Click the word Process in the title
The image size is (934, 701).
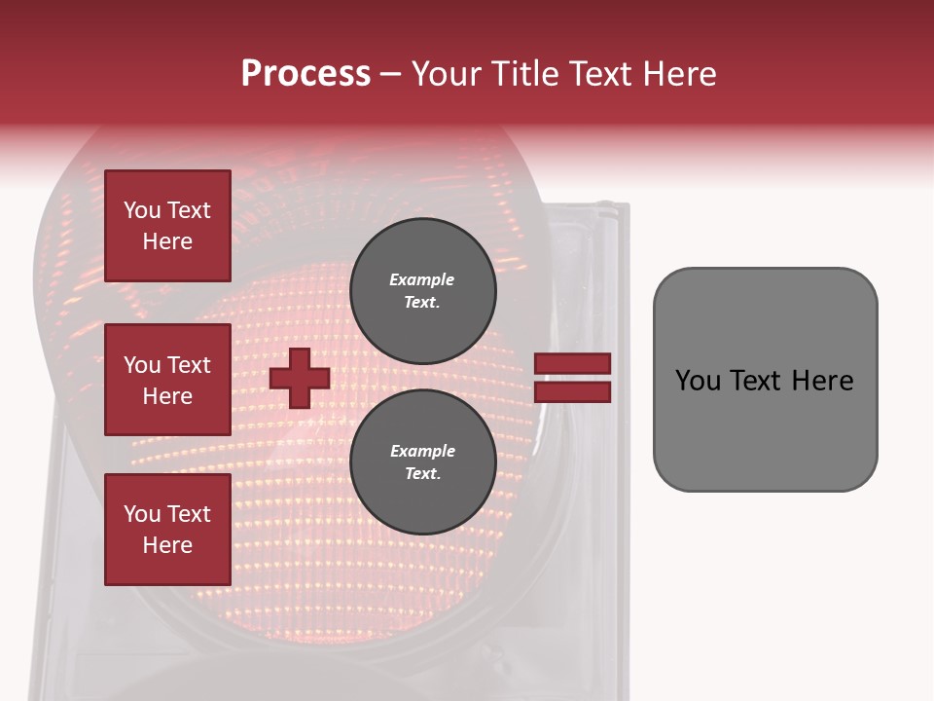(305, 73)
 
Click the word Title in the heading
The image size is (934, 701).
(526, 73)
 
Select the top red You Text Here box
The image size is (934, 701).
(167, 226)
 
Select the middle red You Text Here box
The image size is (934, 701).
(167, 380)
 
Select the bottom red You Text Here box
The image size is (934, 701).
(167, 530)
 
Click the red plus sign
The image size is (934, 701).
(300, 378)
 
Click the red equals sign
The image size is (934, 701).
(573, 378)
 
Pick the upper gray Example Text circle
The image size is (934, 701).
(422, 290)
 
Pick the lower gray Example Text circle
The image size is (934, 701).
(422, 462)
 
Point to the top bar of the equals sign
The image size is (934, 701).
(573, 364)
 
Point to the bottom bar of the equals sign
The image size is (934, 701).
(573, 392)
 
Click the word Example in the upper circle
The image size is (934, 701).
(422, 279)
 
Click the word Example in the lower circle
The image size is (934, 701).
(422, 451)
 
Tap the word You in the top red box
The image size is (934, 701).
(141, 210)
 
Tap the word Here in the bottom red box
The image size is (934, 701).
(167, 545)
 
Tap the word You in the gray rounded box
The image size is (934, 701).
(698, 381)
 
